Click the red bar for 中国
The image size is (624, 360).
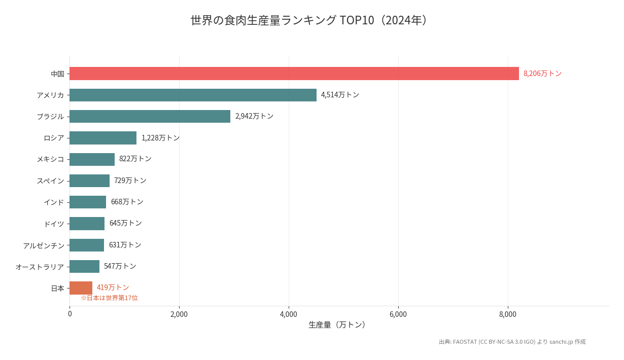(294, 74)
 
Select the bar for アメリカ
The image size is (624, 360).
(193, 95)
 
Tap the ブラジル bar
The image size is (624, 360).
(150, 116)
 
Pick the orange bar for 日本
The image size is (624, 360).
(81, 288)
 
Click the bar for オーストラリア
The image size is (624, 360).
(84, 266)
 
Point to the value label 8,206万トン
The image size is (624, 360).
(542, 74)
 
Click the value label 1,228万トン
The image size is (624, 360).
(160, 138)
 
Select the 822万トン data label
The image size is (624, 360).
(135, 159)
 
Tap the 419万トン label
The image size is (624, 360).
(113, 287)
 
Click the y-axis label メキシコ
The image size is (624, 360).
(50, 159)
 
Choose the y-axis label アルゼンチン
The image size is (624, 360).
(44, 245)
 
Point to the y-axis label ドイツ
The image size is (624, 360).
(54, 224)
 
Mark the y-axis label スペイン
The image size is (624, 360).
(50, 181)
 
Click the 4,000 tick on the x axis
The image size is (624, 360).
(289, 314)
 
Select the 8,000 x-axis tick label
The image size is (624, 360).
(508, 314)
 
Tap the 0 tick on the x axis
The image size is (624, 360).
(70, 314)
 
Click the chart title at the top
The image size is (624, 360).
(311, 20)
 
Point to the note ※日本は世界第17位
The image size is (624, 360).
(109, 298)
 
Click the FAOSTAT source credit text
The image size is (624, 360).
(512, 342)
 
